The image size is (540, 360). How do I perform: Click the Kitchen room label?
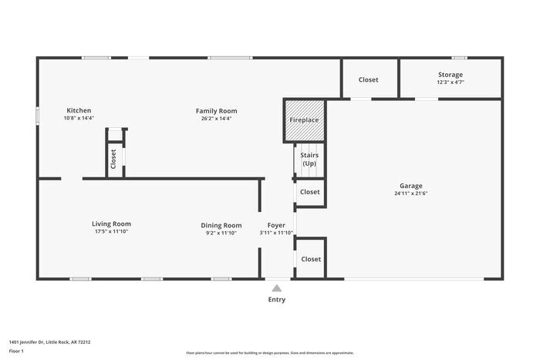pos(79,110)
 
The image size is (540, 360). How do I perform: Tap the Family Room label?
pos(216,110)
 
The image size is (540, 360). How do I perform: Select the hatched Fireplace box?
pos(304,120)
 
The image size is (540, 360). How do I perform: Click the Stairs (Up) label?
pos(309,160)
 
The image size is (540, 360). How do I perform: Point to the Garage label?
pos(410,186)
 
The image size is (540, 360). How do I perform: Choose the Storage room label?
pos(451,75)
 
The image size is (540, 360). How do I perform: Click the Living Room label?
pos(111,224)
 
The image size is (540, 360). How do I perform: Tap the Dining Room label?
pos(221,225)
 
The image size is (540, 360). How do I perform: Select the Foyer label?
pos(276,225)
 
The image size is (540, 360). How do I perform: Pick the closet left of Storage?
pos(369,79)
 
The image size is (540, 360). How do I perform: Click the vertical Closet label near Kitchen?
pos(113,159)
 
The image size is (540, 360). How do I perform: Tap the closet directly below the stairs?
pos(309,192)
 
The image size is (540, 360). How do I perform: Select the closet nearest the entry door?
pos(311,259)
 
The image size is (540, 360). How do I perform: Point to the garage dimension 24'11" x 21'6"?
pos(410,193)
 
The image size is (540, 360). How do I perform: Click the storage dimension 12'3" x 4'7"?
pos(451,82)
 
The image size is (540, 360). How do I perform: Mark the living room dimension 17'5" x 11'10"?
pos(111,231)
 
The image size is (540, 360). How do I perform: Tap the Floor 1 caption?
pos(17,351)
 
